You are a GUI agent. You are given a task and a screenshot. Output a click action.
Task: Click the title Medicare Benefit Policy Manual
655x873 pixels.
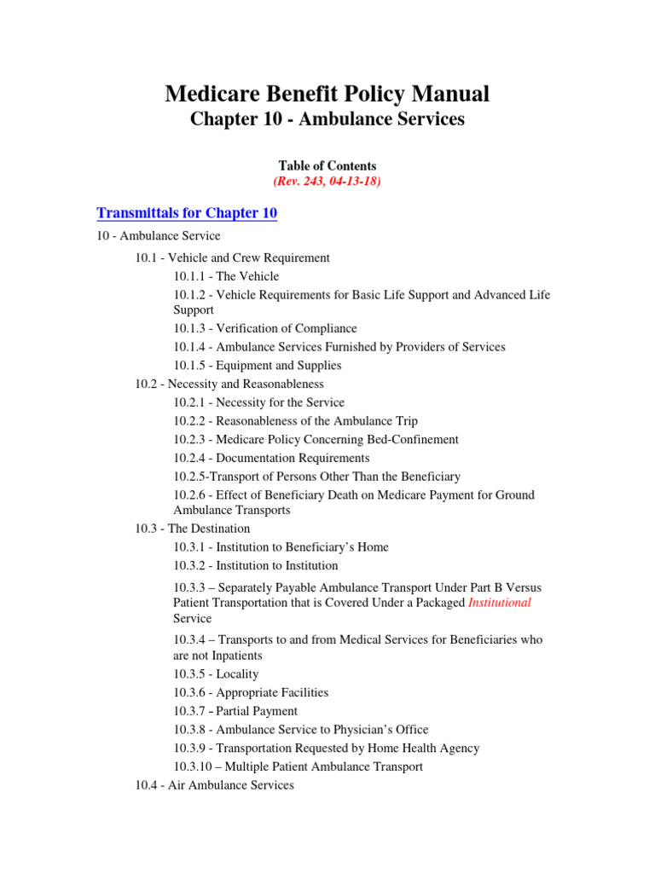[327, 93]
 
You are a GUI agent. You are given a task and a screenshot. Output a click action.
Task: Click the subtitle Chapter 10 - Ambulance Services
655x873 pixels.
[327, 119]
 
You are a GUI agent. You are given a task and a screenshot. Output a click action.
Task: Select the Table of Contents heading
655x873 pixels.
[327, 166]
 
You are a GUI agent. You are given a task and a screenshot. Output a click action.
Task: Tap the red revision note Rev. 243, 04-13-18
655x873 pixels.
[327, 182]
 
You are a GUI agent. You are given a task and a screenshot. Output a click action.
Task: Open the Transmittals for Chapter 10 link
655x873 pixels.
[187, 213]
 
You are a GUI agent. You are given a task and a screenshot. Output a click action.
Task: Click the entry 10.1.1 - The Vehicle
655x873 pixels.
[226, 276]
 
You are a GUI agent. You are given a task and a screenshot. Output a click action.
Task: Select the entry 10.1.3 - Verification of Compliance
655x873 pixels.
[265, 328]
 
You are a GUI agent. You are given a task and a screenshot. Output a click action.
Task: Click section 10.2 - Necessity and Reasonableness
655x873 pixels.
[229, 384]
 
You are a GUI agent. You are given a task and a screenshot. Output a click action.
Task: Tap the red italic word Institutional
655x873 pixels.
[500, 603]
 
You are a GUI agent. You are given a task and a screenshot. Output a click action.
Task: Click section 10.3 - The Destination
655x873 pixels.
[193, 529]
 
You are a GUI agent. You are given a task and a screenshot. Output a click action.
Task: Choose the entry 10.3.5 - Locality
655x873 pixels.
[216, 674]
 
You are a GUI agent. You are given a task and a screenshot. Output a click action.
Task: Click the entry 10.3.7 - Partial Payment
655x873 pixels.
[235, 711]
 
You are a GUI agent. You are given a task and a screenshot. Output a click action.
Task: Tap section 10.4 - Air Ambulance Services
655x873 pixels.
[214, 785]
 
